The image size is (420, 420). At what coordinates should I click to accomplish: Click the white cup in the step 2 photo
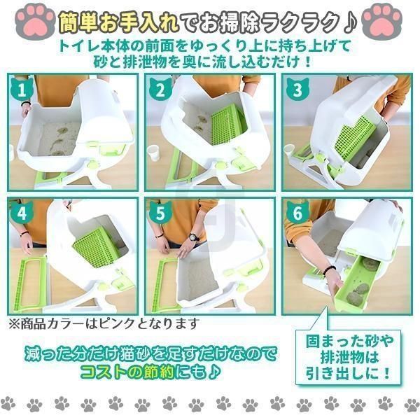pyautogui.click(x=153, y=152)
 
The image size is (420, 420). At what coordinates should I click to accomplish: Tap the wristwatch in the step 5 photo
pyautogui.click(x=194, y=237)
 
